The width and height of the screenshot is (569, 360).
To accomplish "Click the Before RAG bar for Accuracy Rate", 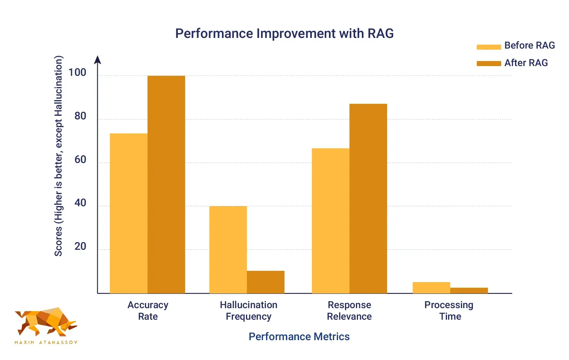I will (x=128, y=213).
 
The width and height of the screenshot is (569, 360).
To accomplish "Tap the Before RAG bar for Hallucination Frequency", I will (x=228, y=249).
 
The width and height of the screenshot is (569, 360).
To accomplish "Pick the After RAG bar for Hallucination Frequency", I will (x=266, y=282).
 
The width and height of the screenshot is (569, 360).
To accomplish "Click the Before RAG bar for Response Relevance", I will (x=330, y=221).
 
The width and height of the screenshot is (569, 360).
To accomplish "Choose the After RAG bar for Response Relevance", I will (x=368, y=199).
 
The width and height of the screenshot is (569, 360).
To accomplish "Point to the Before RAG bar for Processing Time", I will (x=431, y=287).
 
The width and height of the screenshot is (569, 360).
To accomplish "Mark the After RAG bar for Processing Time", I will (x=469, y=290).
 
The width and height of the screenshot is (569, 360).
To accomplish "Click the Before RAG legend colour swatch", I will (x=488, y=47).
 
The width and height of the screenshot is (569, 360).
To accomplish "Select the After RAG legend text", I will (x=526, y=63).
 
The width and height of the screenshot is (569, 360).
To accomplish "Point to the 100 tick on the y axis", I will (x=77, y=72).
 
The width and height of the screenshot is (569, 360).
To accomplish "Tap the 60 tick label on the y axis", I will (x=80, y=159).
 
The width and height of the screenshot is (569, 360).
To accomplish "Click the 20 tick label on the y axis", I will (x=80, y=246).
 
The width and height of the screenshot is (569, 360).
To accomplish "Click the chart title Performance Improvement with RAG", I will (x=284, y=33).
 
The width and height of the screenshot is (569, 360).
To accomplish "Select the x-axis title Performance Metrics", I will (x=299, y=337).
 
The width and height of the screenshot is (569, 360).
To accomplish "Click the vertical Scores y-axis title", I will (x=58, y=156).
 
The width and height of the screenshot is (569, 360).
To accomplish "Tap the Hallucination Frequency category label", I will (x=248, y=311).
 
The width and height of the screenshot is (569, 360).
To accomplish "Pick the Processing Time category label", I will (x=449, y=311).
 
